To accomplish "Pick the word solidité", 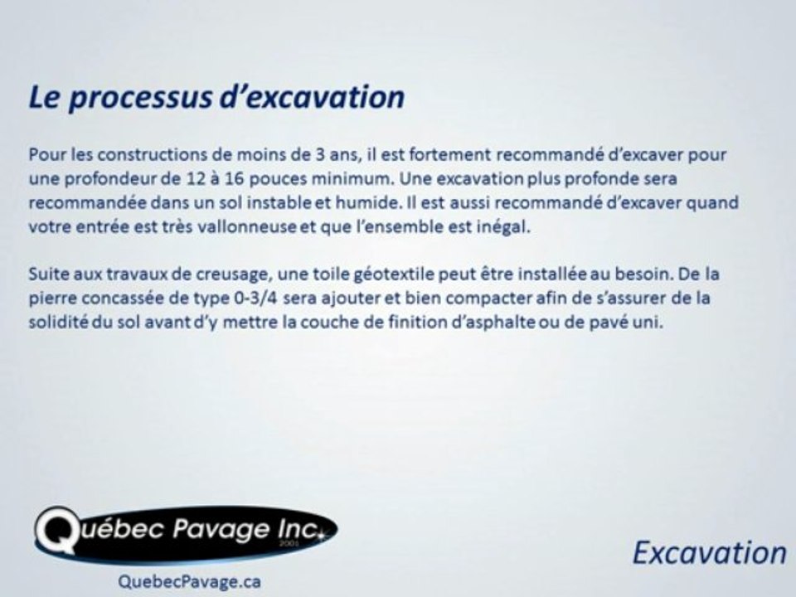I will (x=56, y=321).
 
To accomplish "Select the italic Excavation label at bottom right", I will (x=708, y=551).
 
